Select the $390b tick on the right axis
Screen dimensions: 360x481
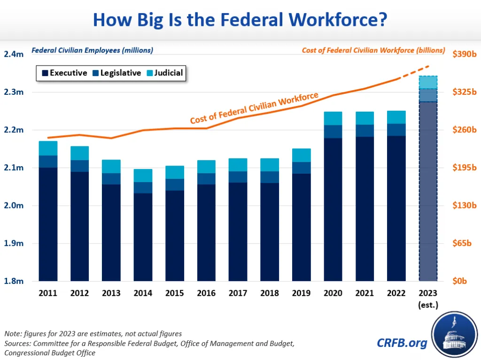coord(465,54)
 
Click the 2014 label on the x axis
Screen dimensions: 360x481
coord(143,293)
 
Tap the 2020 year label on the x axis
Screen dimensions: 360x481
coord(333,293)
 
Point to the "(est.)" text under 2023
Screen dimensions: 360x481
coord(428,305)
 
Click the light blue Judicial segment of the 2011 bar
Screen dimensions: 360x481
coord(48,148)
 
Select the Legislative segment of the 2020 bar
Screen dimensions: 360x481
coord(333,131)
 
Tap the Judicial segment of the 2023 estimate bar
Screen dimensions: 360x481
coord(428,82)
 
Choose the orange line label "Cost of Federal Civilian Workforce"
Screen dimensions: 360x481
coord(254,108)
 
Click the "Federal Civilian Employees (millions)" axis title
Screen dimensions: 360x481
coord(92,50)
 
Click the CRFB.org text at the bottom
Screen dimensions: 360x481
coord(402,343)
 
